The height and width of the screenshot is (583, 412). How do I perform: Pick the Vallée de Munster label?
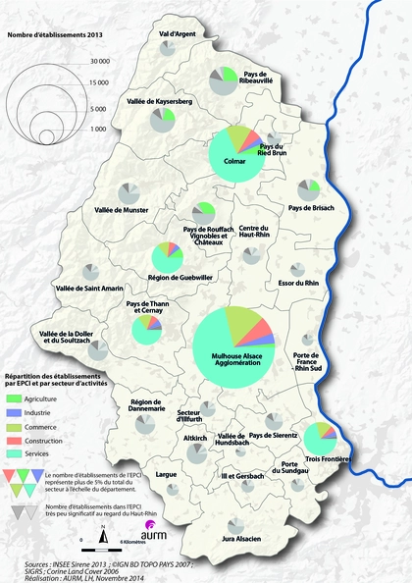(x=121, y=210)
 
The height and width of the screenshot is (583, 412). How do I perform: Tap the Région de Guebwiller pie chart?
(x=168, y=258)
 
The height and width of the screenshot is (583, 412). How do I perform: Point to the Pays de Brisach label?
(x=311, y=208)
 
